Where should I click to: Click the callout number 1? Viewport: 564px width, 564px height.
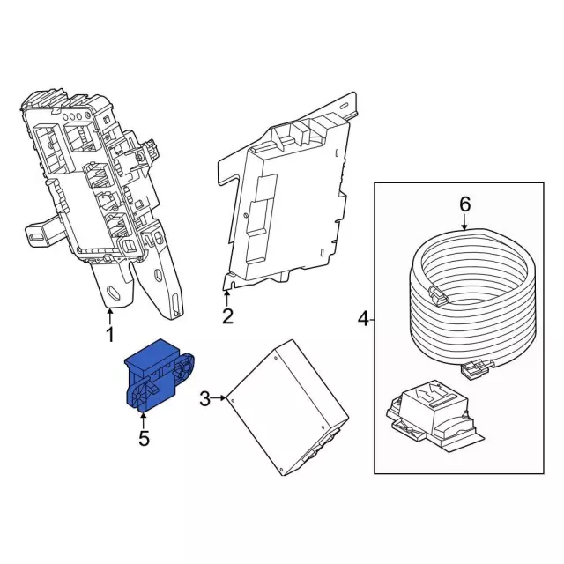[x=110, y=335]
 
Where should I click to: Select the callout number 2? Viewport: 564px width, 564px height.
[x=227, y=315]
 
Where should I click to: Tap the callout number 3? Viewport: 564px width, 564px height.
[x=205, y=399]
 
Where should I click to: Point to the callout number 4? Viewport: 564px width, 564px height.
[x=361, y=317]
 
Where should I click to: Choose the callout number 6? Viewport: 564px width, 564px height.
[x=465, y=204]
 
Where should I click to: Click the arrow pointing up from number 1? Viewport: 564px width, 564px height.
[x=110, y=315]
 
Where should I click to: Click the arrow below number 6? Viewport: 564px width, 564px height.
[x=465, y=225]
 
